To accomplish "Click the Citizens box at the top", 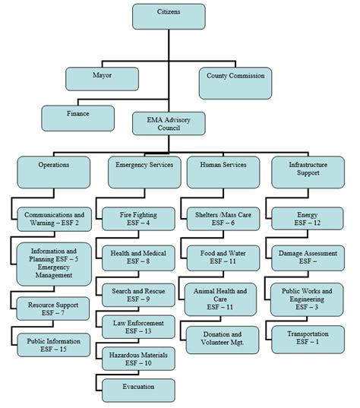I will coord(168,16).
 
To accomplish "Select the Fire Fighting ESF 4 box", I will coord(138,220).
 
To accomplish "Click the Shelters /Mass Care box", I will coord(223,220).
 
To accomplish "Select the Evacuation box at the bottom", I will coord(138,389).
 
